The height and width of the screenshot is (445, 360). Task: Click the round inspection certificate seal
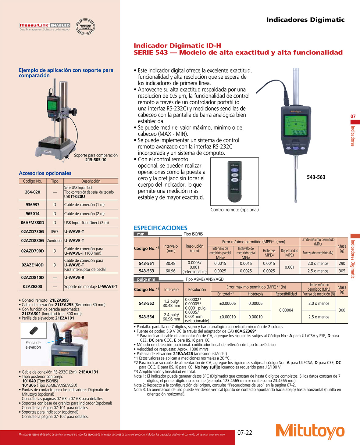pyautogui.click(x=85, y=27)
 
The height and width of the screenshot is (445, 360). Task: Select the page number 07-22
pyautogui.click(x=245, y=432)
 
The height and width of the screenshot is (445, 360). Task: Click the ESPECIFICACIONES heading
pyautogui.click(x=160, y=228)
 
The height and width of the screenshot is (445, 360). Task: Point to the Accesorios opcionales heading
pyautogui.click(x=45, y=173)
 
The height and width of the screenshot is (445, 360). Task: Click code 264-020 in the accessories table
pyautogui.click(x=32, y=192)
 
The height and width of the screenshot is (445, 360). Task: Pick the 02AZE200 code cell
pyautogui.click(x=32, y=286)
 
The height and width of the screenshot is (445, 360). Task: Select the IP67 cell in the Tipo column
pyautogui.click(x=55, y=231)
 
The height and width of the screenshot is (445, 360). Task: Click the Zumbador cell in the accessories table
pyautogui.click(x=55, y=241)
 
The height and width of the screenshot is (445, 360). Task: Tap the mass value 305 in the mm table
pyautogui.click(x=342, y=271)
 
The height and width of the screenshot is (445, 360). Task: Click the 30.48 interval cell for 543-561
pyautogui.click(x=170, y=264)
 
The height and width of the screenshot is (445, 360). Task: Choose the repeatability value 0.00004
pyautogui.click(x=286, y=310)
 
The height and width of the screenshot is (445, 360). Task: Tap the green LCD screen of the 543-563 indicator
pyautogui.click(x=295, y=125)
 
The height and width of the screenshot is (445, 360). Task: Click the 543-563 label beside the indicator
pyautogui.click(x=316, y=177)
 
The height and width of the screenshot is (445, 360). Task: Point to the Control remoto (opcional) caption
pyautogui.click(x=234, y=210)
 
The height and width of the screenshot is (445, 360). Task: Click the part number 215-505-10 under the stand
pyautogui.click(x=96, y=160)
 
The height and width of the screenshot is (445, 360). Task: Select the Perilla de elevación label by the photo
pyautogui.click(x=33, y=345)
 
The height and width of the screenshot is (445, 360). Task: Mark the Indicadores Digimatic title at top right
pyautogui.click(x=305, y=20)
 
